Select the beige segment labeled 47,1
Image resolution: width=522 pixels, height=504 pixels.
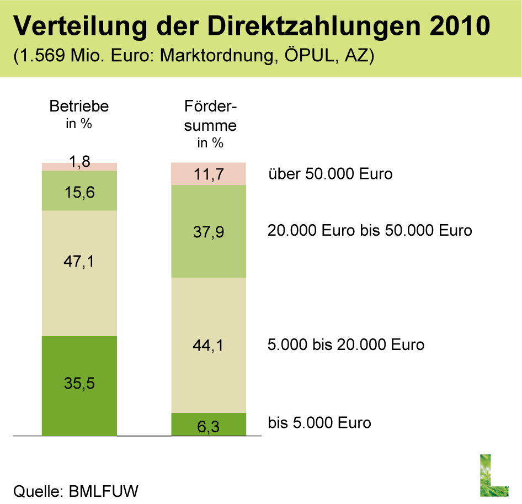[x=79, y=273]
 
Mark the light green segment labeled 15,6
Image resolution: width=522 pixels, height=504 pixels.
[x=79, y=190]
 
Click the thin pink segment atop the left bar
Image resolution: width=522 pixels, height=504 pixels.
[x=79, y=167]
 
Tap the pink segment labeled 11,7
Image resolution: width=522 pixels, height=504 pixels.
[x=209, y=174]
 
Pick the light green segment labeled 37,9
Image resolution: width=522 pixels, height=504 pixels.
[x=209, y=231]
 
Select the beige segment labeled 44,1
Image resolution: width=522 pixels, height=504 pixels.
[x=209, y=345]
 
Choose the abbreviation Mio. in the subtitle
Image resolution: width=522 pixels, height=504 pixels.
[x=88, y=57]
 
